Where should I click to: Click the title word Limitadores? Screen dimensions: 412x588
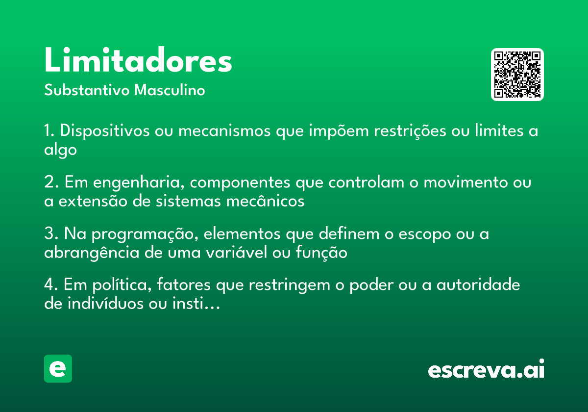tap(138, 61)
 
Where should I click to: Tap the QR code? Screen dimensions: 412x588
tap(517, 75)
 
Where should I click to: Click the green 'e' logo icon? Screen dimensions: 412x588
tap(58, 368)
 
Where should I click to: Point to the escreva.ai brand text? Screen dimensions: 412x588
tap(486, 370)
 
